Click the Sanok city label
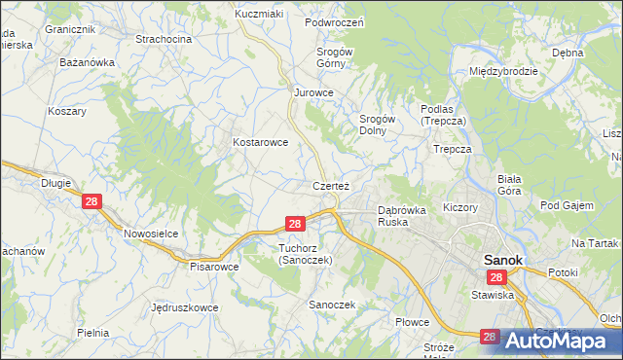503,261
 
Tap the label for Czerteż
331,185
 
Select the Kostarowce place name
260,142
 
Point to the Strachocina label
163,39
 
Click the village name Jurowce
314,93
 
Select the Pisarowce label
214,266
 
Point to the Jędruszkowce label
185,307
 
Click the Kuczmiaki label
258,15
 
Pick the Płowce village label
413,321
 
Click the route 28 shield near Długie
92,202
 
